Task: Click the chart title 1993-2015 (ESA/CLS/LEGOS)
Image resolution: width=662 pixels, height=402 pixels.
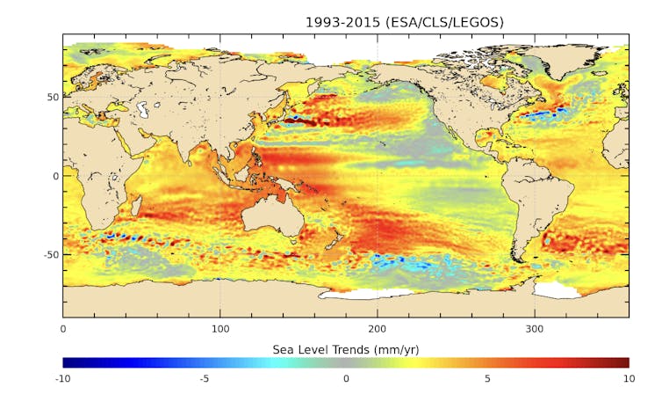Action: click(404, 22)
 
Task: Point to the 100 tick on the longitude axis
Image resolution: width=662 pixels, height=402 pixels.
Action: click(220, 329)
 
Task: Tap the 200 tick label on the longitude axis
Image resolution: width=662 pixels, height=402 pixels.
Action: click(378, 329)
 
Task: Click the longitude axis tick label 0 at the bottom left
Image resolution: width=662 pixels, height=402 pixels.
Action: click(62, 329)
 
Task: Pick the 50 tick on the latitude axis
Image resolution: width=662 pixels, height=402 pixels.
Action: click(52, 97)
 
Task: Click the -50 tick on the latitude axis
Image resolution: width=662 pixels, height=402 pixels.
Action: click(50, 254)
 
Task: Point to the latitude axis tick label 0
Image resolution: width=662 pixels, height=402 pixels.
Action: click(54, 176)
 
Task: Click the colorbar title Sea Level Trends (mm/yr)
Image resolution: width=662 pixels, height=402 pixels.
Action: click(345, 349)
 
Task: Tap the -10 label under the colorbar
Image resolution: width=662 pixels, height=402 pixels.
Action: click(62, 379)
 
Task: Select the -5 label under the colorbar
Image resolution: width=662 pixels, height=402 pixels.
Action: click(204, 379)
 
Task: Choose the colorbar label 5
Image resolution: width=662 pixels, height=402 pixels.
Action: click(487, 379)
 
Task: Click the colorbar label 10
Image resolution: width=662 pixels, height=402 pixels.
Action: click(628, 379)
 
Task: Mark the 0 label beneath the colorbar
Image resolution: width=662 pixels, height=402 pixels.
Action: click(346, 379)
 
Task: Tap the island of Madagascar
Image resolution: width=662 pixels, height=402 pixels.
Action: click(136, 207)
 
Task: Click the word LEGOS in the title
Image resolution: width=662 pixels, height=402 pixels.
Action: click(479, 22)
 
